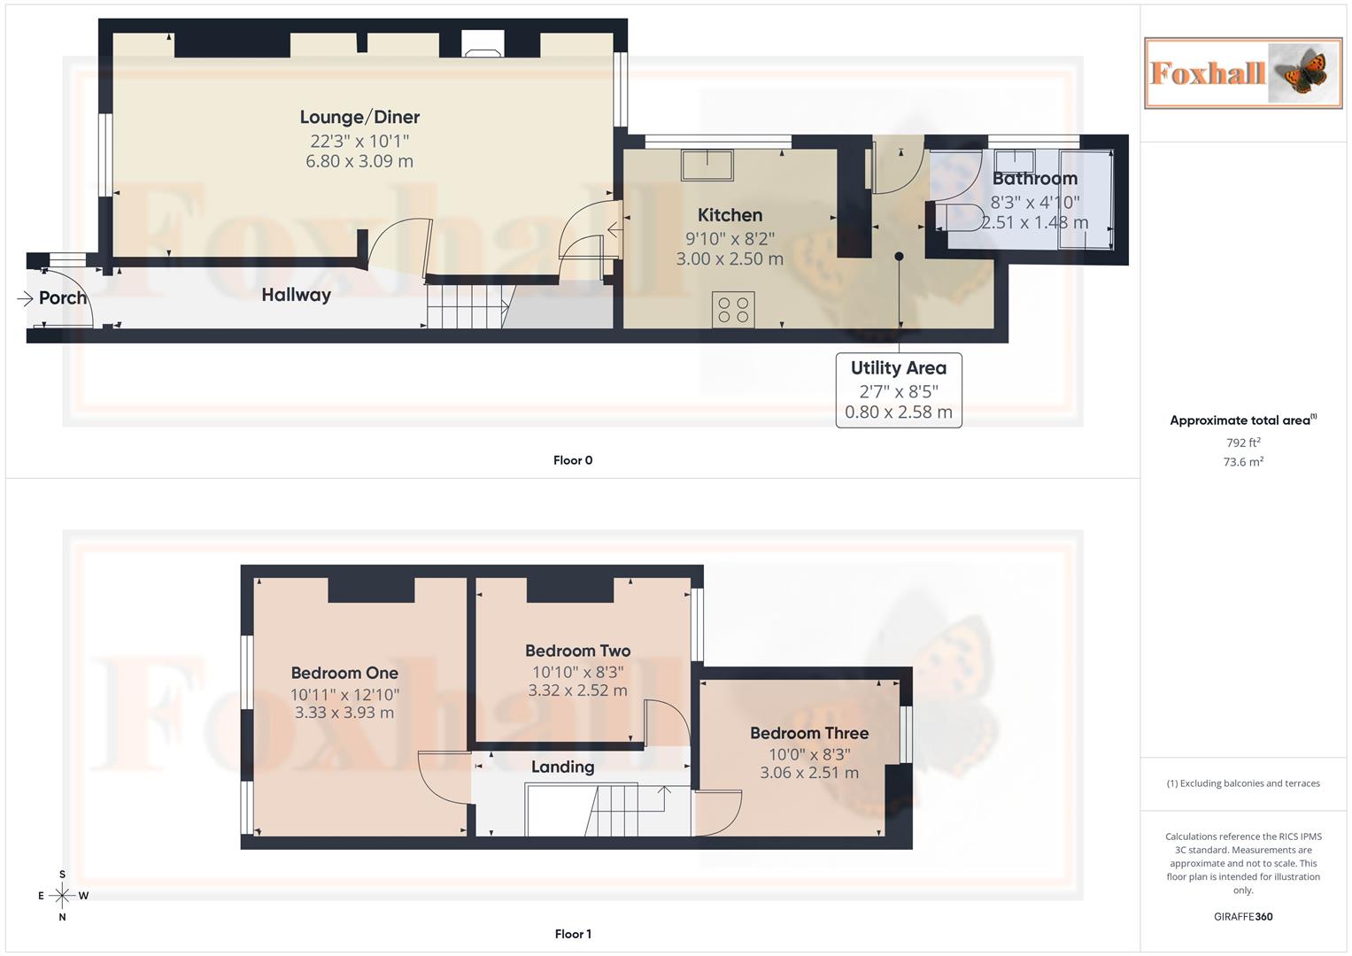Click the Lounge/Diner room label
pyautogui.click(x=359, y=117)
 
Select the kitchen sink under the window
pyautogui.click(x=707, y=165)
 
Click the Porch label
pyautogui.click(x=63, y=298)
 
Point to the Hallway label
pyautogui.click(x=296, y=295)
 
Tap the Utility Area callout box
pyautogui.click(x=899, y=390)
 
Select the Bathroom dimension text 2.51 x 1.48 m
pyautogui.click(x=1034, y=223)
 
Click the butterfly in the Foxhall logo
pyautogui.click(x=1304, y=73)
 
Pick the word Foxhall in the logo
pyautogui.click(x=1207, y=73)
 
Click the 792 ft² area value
pyautogui.click(x=1243, y=443)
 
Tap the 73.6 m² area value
pyautogui.click(x=1243, y=462)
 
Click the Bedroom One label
pyautogui.click(x=344, y=673)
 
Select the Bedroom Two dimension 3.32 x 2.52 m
pyautogui.click(x=577, y=690)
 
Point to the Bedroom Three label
pyautogui.click(x=809, y=733)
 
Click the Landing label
pyautogui.click(x=562, y=767)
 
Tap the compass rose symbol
pyautogui.click(x=62, y=896)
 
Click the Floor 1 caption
pyautogui.click(x=573, y=934)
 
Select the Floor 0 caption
pyautogui.click(x=573, y=460)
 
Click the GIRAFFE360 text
pyautogui.click(x=1243, y=917)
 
